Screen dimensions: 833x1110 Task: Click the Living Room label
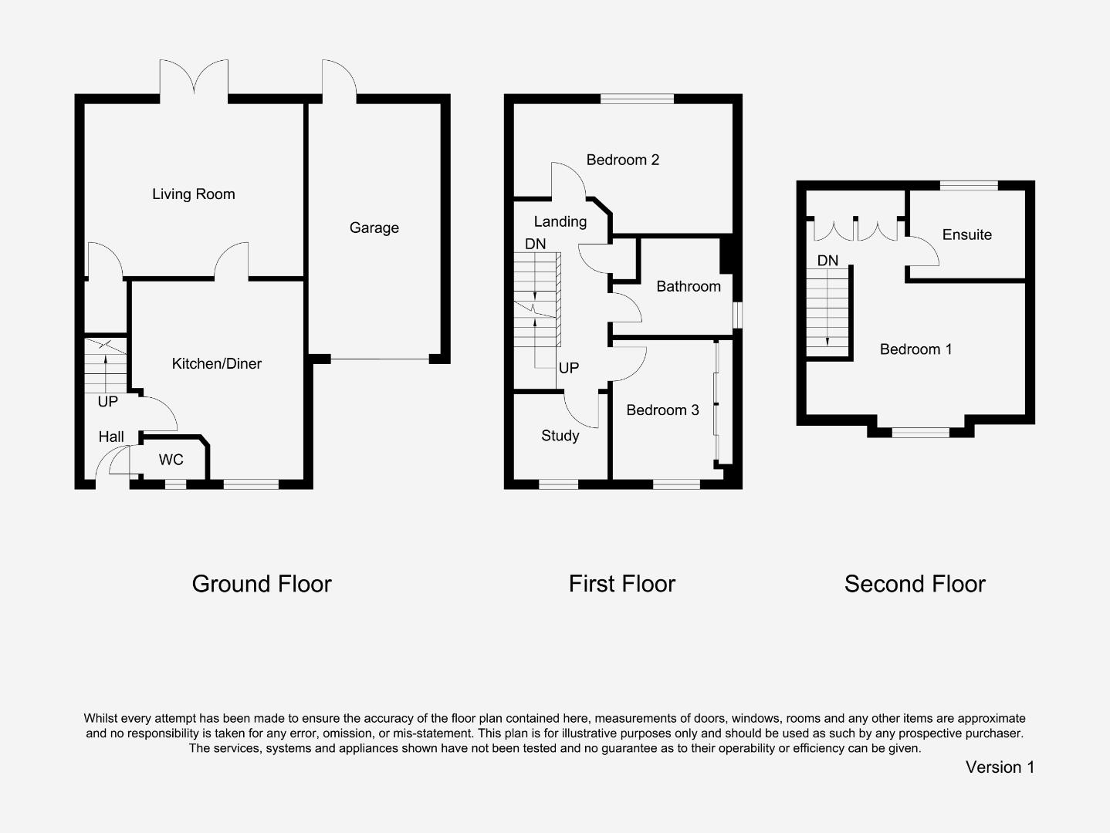coord(193,194)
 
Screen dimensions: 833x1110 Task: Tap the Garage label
coord(374,228)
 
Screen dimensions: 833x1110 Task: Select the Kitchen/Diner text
coord(216,363)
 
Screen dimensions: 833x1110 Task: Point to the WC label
coord(171,460)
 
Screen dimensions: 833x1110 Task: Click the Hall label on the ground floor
coord(111,437)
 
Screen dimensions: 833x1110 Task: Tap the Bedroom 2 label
coord(622,160)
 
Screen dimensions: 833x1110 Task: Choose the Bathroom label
coord(688,286)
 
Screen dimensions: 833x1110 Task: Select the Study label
coord(560,436)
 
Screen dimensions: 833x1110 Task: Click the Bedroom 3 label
coord(662,410)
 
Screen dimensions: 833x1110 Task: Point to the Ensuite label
coord(966,234)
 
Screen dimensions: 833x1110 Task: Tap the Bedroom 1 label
coord(915,349)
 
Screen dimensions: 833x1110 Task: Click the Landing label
coord(560,221)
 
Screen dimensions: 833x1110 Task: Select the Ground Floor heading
coord(262,584)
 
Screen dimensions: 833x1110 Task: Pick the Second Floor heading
coord(915,584)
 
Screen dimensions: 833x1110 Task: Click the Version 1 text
coord(1000,767)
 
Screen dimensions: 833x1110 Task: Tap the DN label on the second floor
coord(827,261)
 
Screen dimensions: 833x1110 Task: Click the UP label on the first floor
coord(568,368)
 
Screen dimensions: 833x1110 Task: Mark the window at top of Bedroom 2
coord(637,99)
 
